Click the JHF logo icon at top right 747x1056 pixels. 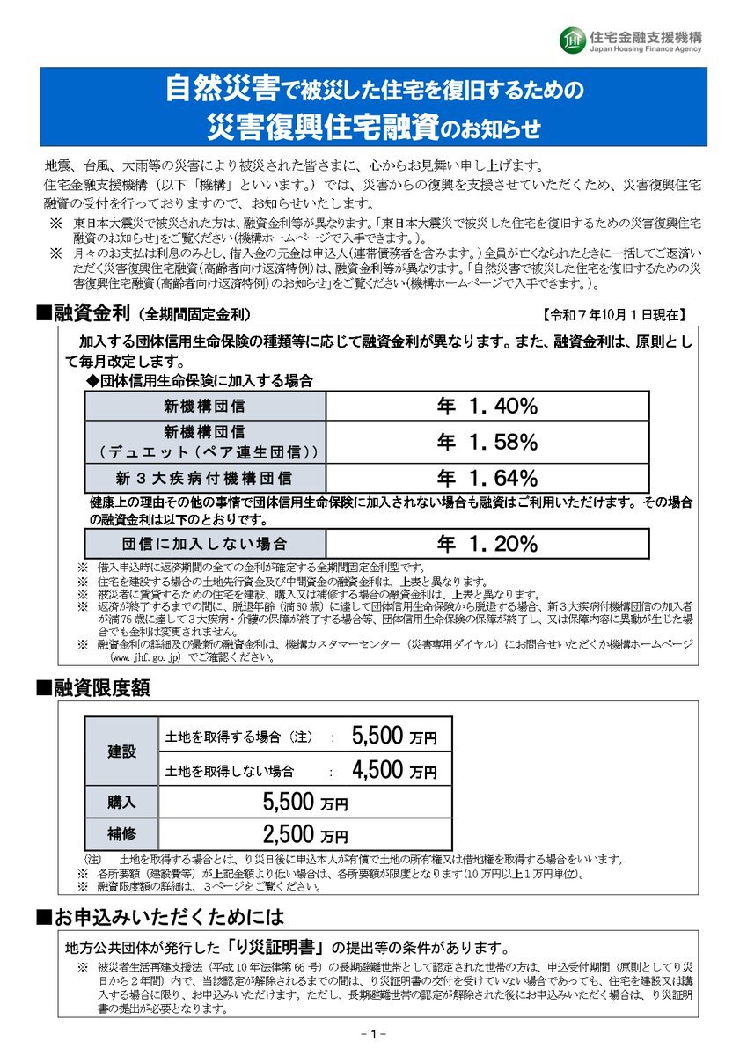(571, 40)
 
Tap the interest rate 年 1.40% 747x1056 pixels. (487, 406)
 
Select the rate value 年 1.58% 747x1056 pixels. (487, 443)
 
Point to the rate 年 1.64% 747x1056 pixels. (487, 479)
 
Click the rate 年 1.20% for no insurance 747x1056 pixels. (487, 544)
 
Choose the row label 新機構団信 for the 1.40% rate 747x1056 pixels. (205, 406)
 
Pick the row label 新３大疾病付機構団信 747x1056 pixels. (205, 479)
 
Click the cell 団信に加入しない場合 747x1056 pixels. (205, 544)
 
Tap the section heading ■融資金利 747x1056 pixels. (84, 313)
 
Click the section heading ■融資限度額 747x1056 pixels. (92, 688)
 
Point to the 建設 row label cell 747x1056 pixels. (122, 752)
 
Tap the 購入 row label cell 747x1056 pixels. (122, 802)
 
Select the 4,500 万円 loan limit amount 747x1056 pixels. (393, 771)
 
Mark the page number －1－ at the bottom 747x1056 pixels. (374, 1034)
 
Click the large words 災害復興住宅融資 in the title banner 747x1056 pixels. (322, 127)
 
